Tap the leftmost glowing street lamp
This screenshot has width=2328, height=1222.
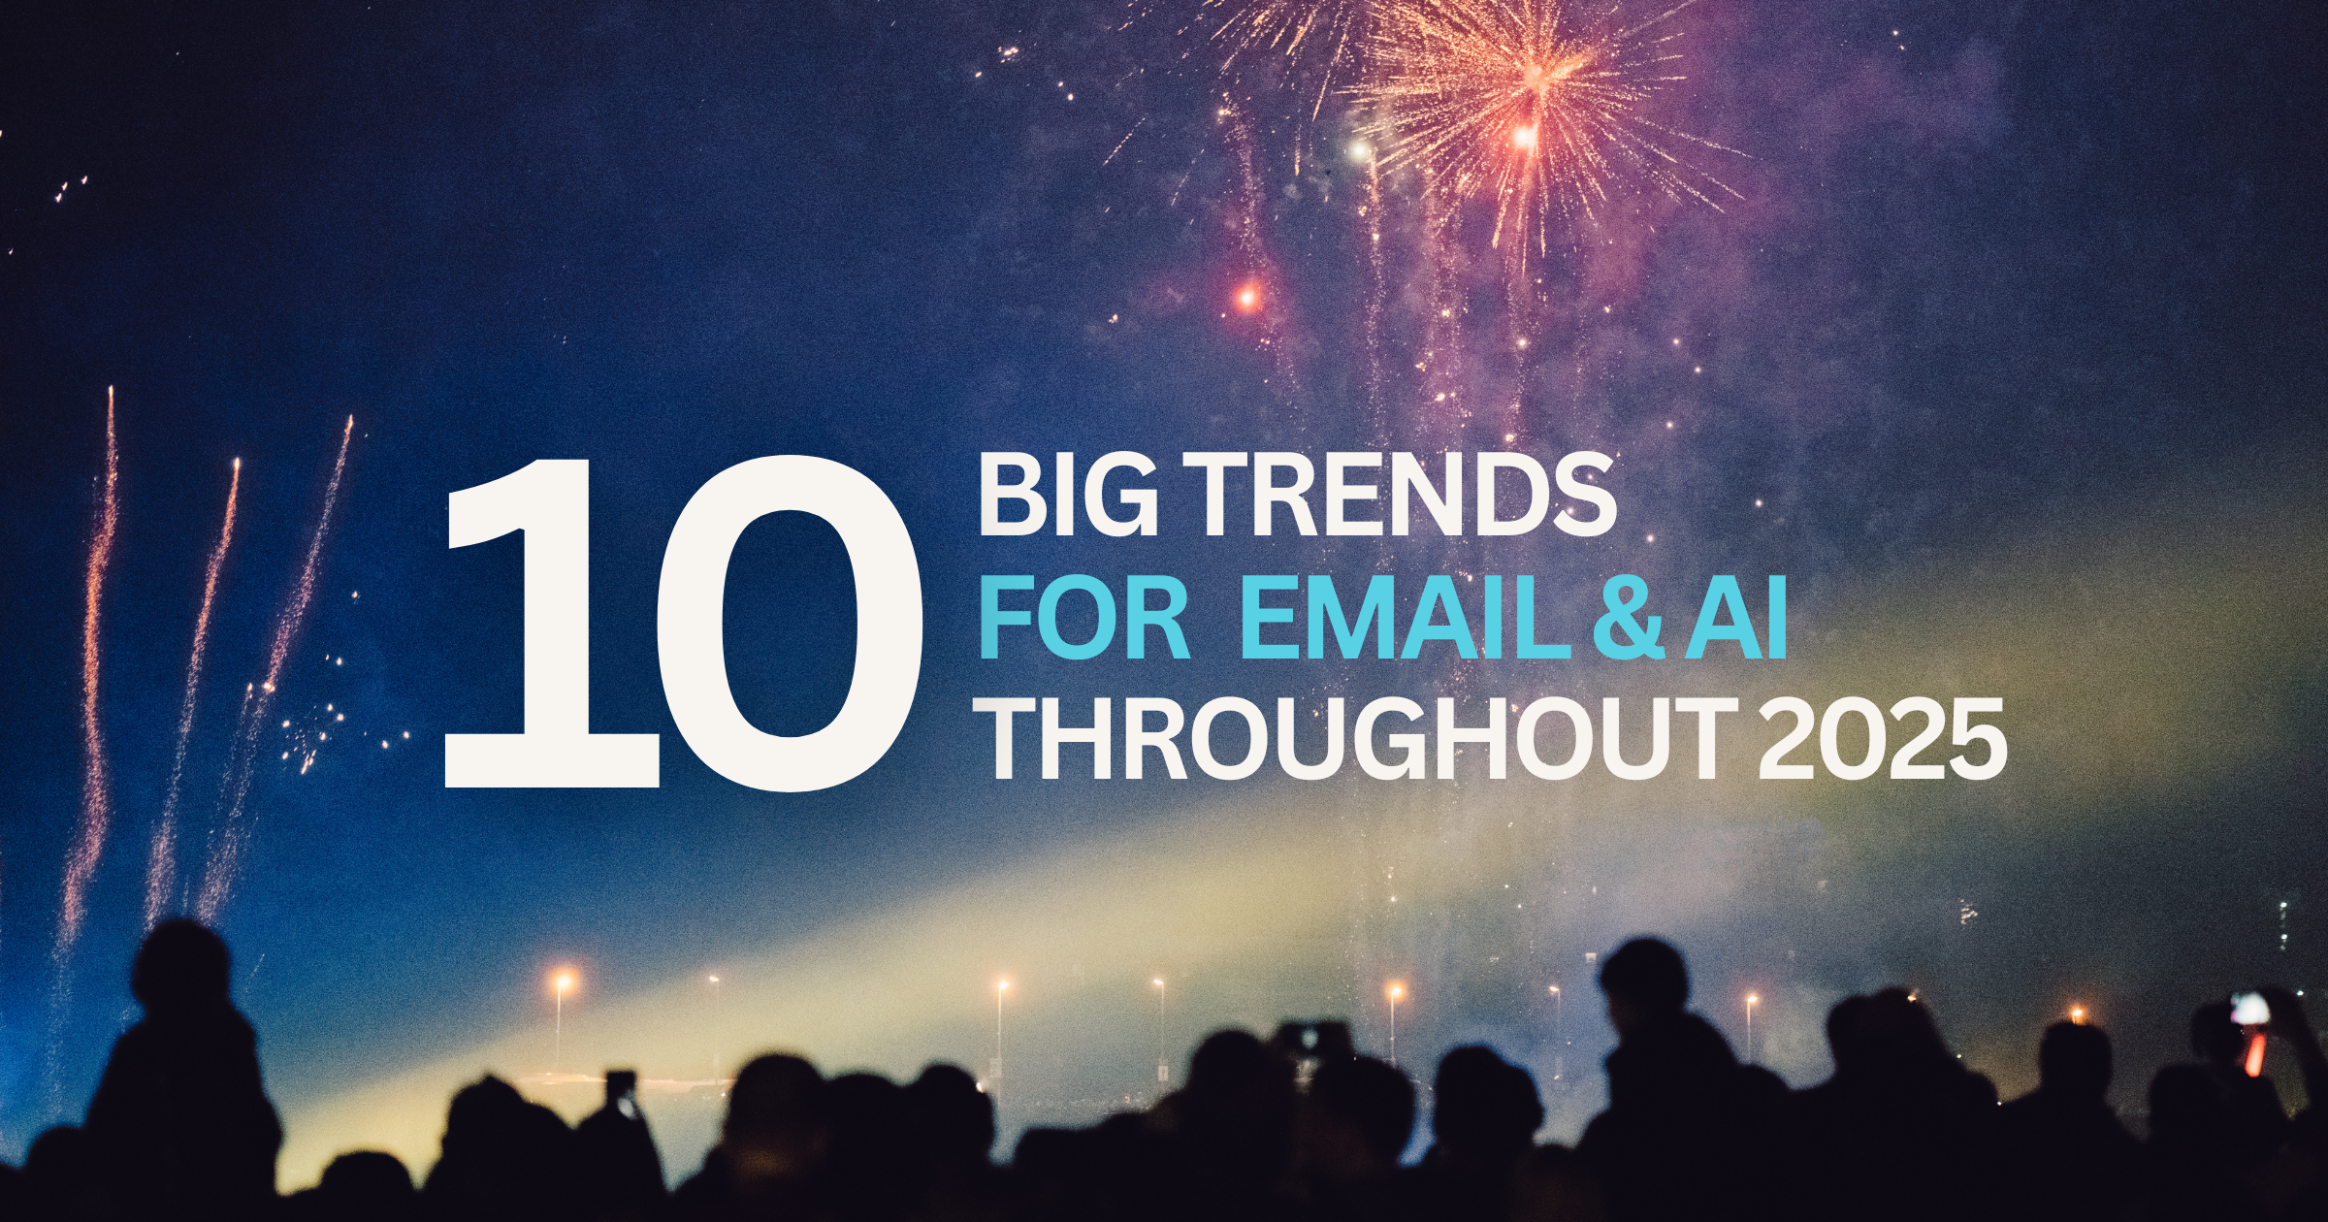[562, 981]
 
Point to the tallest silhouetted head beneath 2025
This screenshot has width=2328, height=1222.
[1644, 980]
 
